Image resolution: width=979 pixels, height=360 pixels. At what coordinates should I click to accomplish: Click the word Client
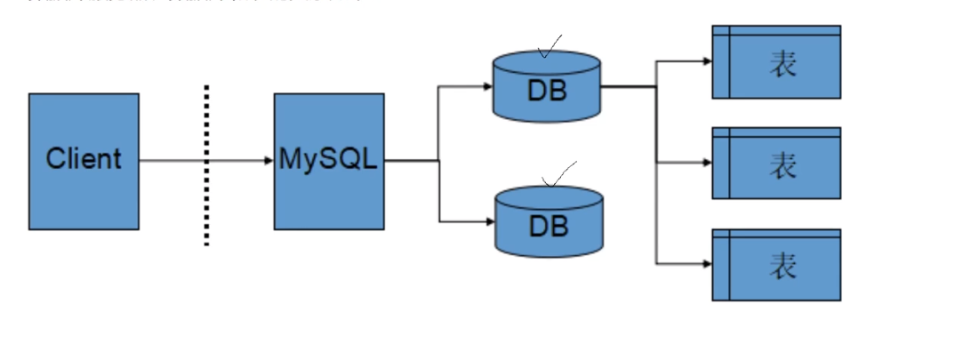(x=84, y=160)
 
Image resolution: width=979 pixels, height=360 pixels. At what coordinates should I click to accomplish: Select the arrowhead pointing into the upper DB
(x=487, y=86)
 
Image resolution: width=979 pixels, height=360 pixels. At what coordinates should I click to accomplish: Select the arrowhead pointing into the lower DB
(x=487, y=221)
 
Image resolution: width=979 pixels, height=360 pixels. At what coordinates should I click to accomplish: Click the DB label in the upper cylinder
(x=547, y=91)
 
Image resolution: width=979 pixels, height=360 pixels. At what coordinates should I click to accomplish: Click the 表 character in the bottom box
(x=782, y=266)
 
